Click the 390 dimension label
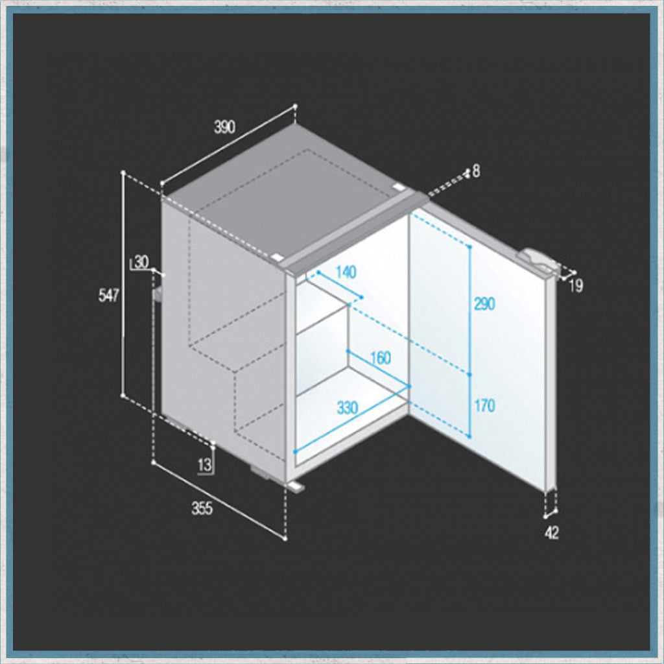click(x=224, y=127)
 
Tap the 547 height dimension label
click(x=109, y=295)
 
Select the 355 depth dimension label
click(x=202, y=508)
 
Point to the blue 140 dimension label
click(x=346, y=272)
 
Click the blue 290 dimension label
click(x=484, y=303)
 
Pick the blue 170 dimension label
click(x=484, y=406)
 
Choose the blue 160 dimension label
click(x=380, y=358)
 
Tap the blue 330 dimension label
click(x=348, y=408)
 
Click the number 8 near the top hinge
click(x=477, y=171)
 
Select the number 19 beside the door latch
click(x=576, y=286)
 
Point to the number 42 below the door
click(x=552, y=533)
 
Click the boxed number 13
click(x=204, y=464)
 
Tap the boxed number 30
click(x=141, y=262)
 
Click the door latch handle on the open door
click(x=537, y=261)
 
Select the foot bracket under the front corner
click(x=296, y=486)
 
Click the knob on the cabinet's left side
click(x=158, y=294)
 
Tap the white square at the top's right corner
click(x=399, y=186)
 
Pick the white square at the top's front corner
click(x=278, y=257)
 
